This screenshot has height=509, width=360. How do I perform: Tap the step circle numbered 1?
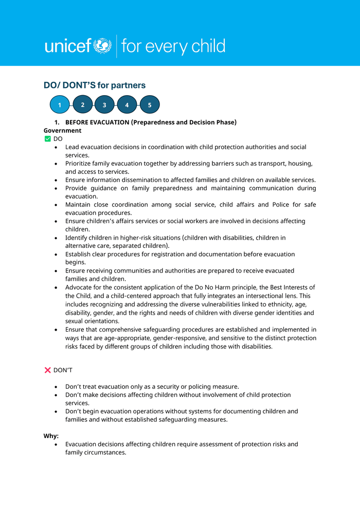(x=60, y=105)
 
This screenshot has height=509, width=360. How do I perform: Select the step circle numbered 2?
(x=82, y=105)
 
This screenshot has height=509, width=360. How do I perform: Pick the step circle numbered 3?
(x=104, y=105)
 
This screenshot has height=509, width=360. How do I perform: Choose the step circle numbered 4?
(x=127, y=105)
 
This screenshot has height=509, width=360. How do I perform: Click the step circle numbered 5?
(x=150, y=105)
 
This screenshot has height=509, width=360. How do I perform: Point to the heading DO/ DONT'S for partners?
(x=95, y=85)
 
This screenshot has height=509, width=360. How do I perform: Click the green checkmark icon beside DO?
(x=48, y=139)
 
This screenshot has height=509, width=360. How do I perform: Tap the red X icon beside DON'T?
(x=48, y=370)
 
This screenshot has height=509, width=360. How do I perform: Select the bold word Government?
(x=62, y=131)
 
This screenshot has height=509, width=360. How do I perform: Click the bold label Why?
(x=51, y=436)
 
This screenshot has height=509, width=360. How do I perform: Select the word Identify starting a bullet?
(x=77, y=238)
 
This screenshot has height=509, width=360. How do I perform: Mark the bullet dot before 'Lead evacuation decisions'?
(x=56, y=148)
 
